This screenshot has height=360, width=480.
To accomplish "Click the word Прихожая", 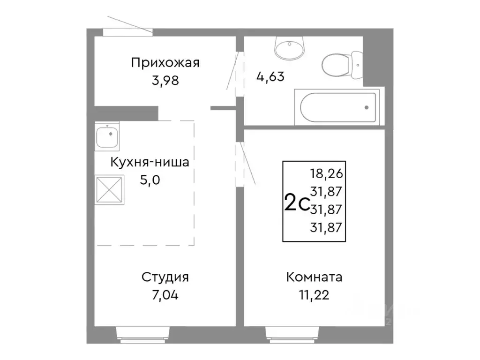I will click(x=165, y=63).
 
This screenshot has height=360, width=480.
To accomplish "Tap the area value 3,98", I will click(x=165, y=80).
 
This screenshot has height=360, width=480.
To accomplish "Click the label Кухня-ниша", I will click(x=150, y=163).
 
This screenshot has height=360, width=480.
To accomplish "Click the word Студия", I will click(x=165, y=277).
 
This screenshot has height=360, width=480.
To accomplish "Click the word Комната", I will click(x=314, y=277).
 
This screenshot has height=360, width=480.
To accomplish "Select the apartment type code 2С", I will click(x=296, y=203).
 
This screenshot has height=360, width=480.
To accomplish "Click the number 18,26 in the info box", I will click(x=327, y=174).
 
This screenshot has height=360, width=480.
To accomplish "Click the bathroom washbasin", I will click(x=290, y=47).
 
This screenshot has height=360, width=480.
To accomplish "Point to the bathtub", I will click(x=336, y=107).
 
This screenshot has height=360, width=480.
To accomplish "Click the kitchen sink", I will click(x=107, y=136).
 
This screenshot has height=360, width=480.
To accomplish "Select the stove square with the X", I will click(x=109, y=190).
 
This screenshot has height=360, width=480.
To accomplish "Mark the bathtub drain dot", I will click(x=366, y=107).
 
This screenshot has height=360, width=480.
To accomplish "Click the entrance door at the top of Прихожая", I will click(x=127, y=31).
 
